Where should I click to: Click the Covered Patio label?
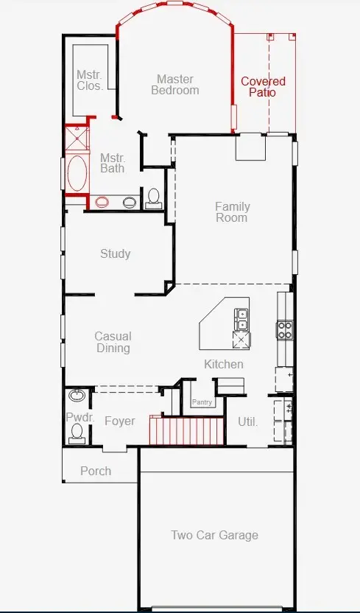(263, 87)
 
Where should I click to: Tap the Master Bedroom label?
(175, 85)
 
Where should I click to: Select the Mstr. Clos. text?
(90, 80)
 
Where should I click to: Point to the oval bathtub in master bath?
(77, 173)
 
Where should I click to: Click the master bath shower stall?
(77, 138)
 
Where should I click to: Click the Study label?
(115, 253)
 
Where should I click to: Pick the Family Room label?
(232, 212)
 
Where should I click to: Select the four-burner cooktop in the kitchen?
(285, 329)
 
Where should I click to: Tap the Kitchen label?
(224, 364)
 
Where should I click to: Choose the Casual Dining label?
(113, 342)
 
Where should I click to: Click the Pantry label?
(202, 402)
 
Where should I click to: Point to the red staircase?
(187, 430)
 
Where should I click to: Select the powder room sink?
(77, 395)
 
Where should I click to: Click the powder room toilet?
(77, 433)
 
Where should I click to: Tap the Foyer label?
(120, 421)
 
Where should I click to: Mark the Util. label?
(248, 422)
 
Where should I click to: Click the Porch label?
(96, 471)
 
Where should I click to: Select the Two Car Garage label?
(215, 535)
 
